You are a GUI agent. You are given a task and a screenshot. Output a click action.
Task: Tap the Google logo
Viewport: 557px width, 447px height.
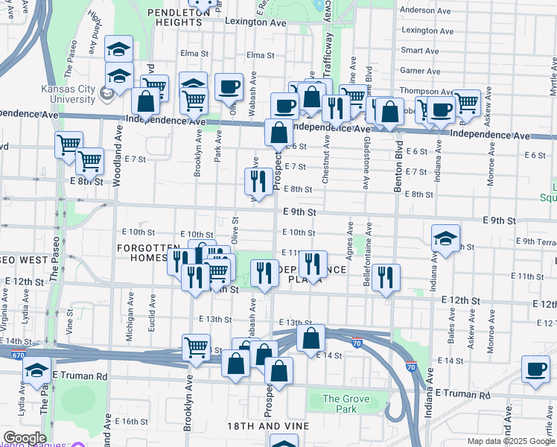(x=25, y=438)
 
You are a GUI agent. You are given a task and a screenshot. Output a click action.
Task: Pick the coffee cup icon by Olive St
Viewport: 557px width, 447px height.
(x=229, y=87)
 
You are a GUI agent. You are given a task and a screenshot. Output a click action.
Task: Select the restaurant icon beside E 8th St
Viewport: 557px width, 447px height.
(x=255, y=180)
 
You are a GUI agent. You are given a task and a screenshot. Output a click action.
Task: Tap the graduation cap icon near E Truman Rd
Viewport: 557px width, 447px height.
(x=36, y=370)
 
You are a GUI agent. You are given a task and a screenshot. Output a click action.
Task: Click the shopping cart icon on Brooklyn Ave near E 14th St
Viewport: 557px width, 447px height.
(x=196, y=346)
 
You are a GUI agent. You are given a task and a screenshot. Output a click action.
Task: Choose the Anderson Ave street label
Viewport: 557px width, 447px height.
(x=426, y=10)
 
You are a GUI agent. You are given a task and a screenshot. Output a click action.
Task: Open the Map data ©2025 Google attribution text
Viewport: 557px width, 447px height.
(x=511, y=441)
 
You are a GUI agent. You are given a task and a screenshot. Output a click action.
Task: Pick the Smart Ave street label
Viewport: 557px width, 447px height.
(x=420, y=51)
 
